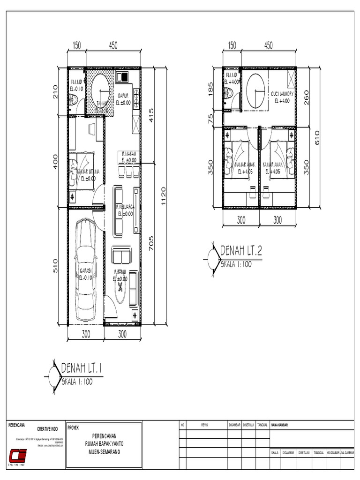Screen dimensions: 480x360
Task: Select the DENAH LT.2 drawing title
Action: click(240, 252)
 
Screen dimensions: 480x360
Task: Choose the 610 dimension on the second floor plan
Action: click(317, 137)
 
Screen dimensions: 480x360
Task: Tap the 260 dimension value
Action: click(307, 97)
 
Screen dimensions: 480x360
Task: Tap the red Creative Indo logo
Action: click(18, 455)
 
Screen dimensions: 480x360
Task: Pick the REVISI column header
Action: click(205, 425)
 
